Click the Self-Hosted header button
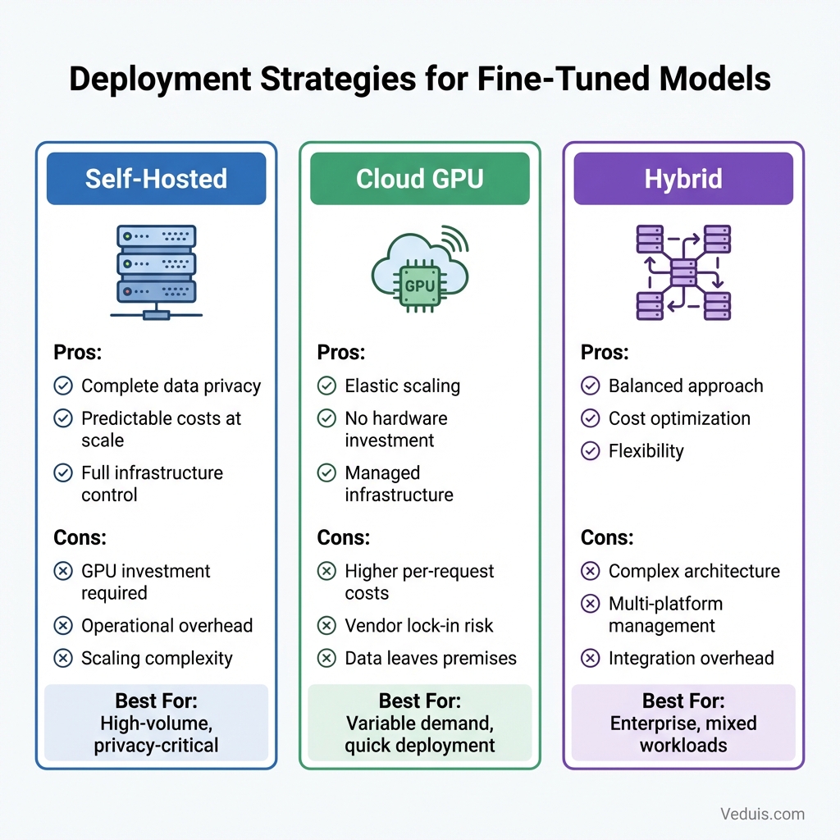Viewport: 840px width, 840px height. [x=156, y=179]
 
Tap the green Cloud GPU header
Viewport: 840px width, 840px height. [x=419, y=179]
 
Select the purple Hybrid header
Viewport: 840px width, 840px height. [x=682, y=179]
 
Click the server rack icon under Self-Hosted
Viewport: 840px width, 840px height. [x=156, y=272]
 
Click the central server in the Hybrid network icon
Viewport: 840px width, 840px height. [x=683, y=272]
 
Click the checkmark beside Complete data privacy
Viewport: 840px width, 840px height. [x=62, y=386]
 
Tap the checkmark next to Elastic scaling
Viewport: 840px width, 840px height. [x=326, y=386]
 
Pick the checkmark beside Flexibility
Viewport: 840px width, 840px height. [x=590, y=450]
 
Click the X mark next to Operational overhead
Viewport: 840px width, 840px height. [x=62, y=625]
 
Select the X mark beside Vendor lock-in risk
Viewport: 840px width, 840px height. [x=326, y=625]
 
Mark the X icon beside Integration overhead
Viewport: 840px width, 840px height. [x=590, y=658]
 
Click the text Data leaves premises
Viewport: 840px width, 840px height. [x=431, y=658]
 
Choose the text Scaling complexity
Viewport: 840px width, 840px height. [x=157, y=658]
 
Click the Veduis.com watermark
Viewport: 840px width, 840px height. [x=762, y=814]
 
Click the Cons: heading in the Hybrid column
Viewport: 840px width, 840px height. [x=607, y=538]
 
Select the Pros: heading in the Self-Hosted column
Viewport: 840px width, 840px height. [x=78, y=353]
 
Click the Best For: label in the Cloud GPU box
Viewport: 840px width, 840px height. [x=420, y=701]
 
